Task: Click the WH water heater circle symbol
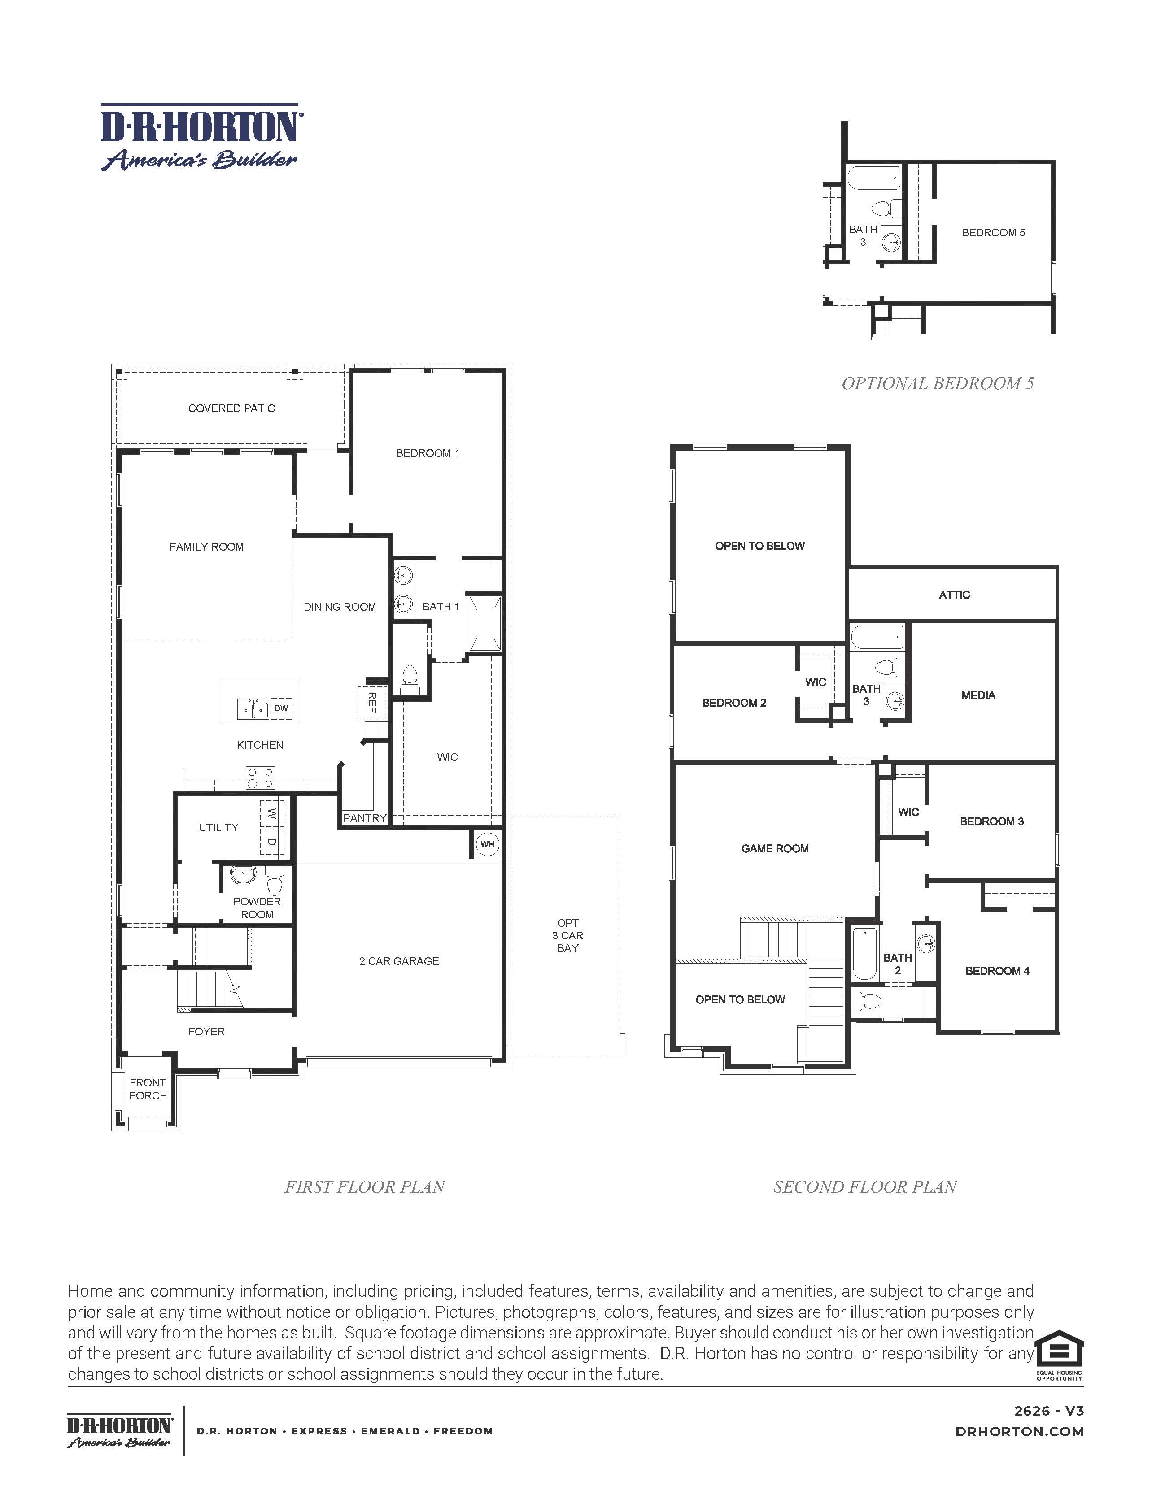[487, 845]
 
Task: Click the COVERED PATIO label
[232, 408]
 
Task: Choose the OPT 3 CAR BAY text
[568, 935]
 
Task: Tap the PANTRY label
[364, 818]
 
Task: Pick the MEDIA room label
[978, 695]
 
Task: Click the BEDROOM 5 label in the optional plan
[993, 233]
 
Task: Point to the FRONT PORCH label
[148, 1089]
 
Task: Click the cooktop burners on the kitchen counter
[260, 778]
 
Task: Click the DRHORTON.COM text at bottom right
[1020, 1431]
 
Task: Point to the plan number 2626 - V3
[1048, 1411]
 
